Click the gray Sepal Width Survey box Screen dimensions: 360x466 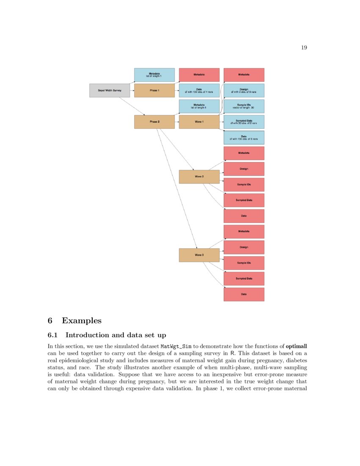coord(110,91)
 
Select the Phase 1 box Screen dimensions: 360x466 coord(154,91)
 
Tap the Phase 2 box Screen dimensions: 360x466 coord(154,122)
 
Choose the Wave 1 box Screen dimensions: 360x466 coord(199,122)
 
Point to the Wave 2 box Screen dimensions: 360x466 coord(199,177)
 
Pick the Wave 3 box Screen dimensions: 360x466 coord(199,255)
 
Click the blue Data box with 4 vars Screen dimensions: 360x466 coord(199,91)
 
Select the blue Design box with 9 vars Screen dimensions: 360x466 coord(244,91)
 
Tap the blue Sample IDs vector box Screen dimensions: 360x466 coord(244,106)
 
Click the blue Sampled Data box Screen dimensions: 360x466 coord(244,122)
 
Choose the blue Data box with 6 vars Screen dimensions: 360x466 coord(244,138)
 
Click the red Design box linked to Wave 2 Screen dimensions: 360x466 coord(244,169)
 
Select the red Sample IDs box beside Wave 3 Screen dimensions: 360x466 coord(244,263)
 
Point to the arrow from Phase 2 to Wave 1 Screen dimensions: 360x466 coord(177,122)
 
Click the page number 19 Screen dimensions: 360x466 coord(304,47)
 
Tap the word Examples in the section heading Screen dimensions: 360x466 coord(81,320)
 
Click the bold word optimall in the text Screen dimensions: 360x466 coord(299,346)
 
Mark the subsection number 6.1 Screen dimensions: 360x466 coord(53,335)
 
